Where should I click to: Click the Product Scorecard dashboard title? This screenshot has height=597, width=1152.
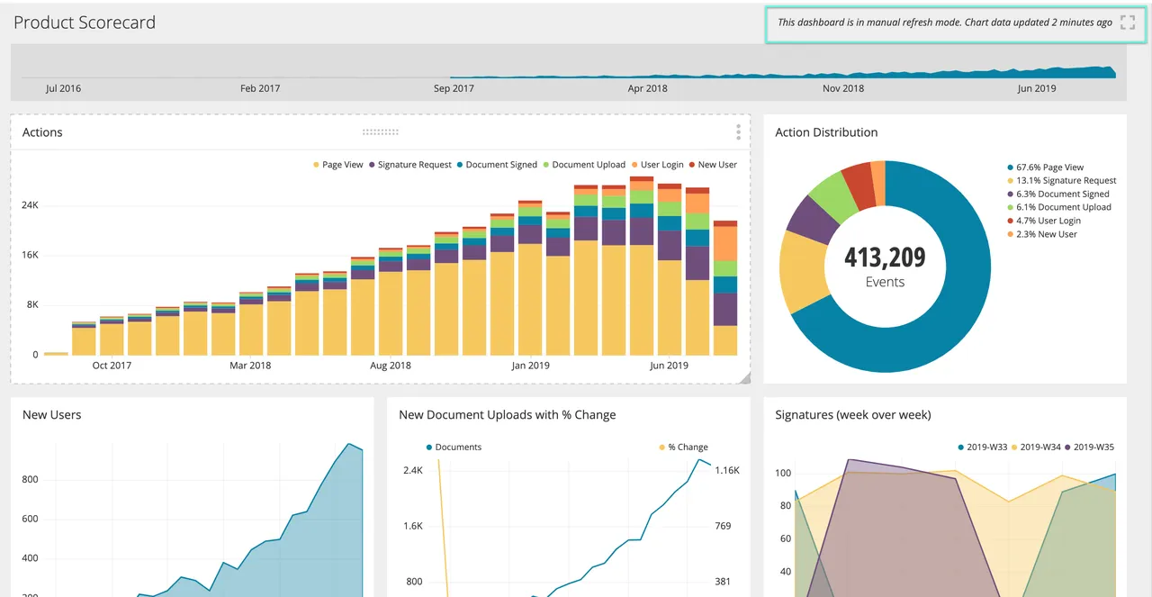click(85, 23)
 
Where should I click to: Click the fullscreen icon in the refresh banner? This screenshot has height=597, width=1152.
click(1128, 23)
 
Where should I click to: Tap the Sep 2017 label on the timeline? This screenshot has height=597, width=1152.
click(454, 88)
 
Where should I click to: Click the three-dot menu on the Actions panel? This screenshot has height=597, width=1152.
click(739, 132)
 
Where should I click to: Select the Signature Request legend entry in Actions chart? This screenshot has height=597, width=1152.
click(409, 165)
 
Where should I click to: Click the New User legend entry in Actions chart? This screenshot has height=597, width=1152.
click(713, 165)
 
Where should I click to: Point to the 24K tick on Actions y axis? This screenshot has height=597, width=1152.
click(30, 205)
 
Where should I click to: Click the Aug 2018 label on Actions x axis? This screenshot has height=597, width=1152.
click(391, 366)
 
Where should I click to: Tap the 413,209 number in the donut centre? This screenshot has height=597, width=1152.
click(885, 258)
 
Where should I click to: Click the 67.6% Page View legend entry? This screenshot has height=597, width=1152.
click(1045, 167)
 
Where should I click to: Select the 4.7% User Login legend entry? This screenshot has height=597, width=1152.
click(1044, 221)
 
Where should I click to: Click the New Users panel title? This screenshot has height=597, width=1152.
click(52, 415)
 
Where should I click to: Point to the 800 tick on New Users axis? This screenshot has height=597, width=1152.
click(30, 480)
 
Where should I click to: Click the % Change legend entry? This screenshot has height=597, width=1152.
click(683, 448)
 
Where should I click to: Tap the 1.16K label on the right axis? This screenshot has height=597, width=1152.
click(727, 470)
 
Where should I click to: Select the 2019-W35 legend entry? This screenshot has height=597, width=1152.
click(1089, 448)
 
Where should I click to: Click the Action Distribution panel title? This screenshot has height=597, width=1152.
click(826, 132)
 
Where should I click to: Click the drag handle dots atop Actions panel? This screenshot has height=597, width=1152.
click(381, 132)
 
